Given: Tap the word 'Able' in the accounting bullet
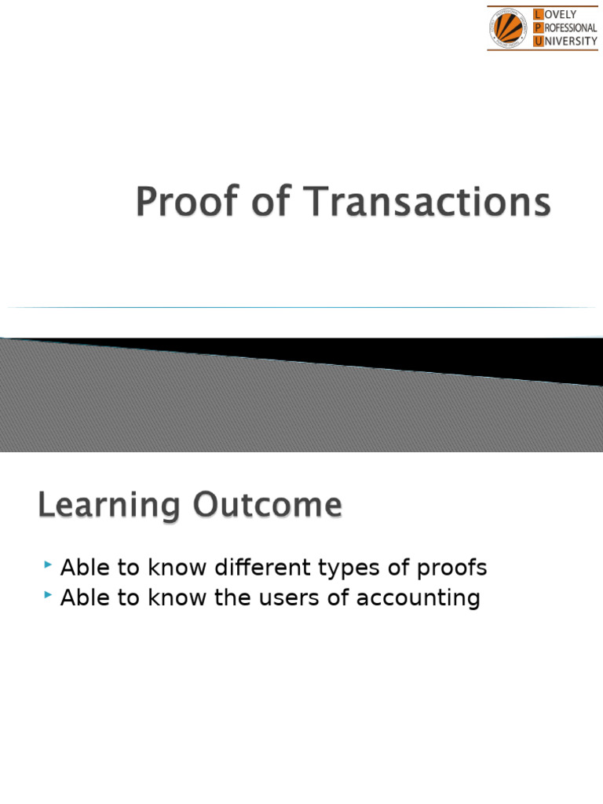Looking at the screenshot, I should coord(84,598).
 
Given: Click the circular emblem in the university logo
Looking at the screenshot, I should coord(509,28).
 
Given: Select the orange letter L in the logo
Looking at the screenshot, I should coord(537,15).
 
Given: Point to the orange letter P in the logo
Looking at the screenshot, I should coord(537,28).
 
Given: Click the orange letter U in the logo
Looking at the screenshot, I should coord(537,42).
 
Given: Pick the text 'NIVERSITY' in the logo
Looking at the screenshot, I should coord(570,42).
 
